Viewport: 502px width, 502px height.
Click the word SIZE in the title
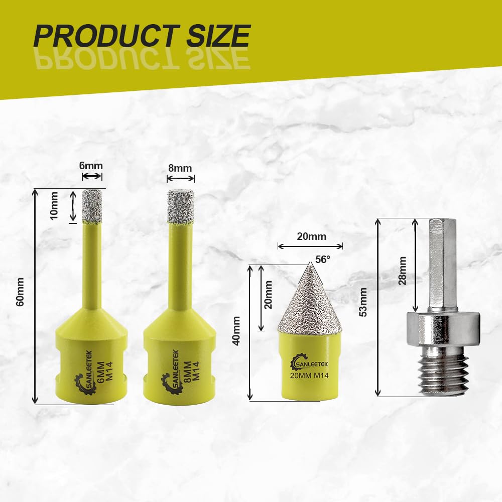[218, 36]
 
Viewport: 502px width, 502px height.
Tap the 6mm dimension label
[91, 166]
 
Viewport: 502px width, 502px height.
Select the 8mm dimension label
[180, 168]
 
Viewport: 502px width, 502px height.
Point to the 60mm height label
[20, 292]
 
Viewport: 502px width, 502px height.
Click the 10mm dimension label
[54, 205]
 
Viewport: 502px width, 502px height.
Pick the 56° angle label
[322, 260]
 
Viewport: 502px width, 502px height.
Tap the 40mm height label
[236, 331]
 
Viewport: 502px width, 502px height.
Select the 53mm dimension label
[363, 302]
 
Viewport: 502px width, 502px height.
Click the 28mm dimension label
[402, 271]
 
